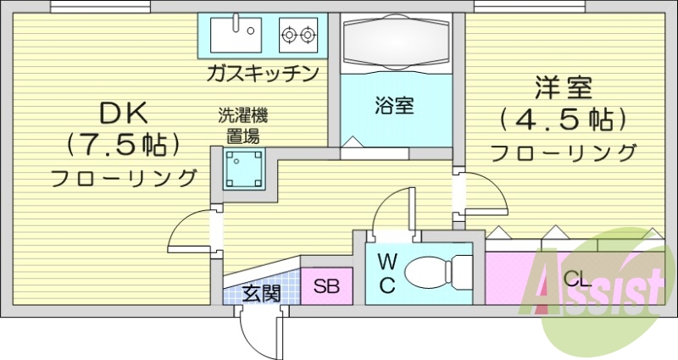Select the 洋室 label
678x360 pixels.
coord(563,87)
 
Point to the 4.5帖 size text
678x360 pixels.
coord(563,119)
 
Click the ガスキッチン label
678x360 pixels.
coord(263,73)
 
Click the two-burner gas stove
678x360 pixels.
coord(298,35)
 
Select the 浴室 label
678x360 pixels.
coord(394,106)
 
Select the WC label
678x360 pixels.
coord(386,273)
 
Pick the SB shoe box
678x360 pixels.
coord(326,285)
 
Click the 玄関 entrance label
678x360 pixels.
coord(261,293)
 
